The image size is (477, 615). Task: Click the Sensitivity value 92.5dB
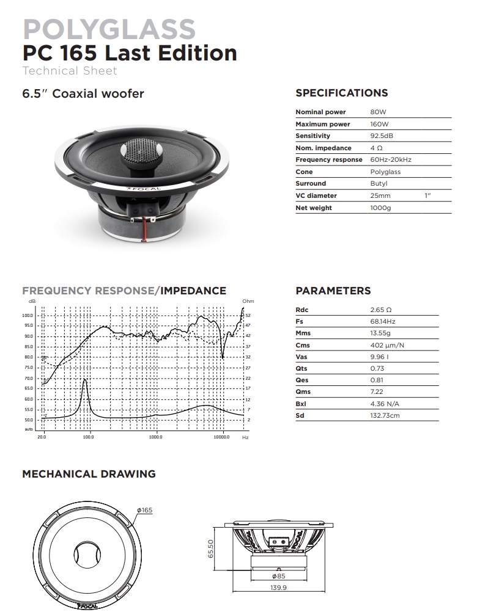pyautogui.click(x=381, y=136)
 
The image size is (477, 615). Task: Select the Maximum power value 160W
pyautogui.click(x=379, y=124)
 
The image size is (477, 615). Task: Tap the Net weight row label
pyautogui.click(x=314, y=208)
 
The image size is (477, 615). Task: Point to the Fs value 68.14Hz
pyautogui.click(x=382, y=321)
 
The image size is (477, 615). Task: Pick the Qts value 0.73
pyautogui.click(x=377, y=368)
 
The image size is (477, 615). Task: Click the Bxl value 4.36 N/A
pyautogui.click(x=384, y=404)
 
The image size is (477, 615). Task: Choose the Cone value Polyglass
pyautogui.click(x=385, y=172)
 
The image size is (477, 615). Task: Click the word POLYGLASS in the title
pyautogui.click(x=109, y=29)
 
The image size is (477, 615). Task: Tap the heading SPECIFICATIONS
pyautogui.click(x=342, y=93)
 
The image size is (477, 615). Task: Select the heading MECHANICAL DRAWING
pyautogui.click(x=89, y=474)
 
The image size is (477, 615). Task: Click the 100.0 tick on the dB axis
pyautogui.click(x=28, y=315)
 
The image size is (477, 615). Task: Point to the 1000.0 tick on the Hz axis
pyautogui.click(x=155, y=437)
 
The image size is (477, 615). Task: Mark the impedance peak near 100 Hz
pyautogui.click(x=84, y=380)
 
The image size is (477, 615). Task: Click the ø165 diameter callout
pyautogui.click(x=144, y=511)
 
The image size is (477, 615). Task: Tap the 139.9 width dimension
pyautogui.click(x=278, y=588)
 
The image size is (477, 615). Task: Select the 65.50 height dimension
pyautogui.click(x=210, y=548)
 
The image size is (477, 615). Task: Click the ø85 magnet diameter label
pyautogui.click(x=278, y=576)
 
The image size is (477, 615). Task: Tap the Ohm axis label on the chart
pyautogui.click(x=248, y=301)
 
